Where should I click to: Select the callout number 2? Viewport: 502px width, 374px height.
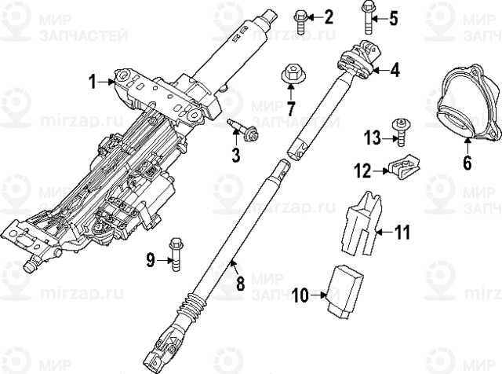329,16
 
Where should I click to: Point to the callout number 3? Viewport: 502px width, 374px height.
235,155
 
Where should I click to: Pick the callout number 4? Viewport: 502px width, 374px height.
394,70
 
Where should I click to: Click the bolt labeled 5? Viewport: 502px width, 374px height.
368,16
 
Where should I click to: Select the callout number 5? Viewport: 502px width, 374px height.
394,16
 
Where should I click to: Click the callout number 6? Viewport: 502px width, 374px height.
467,163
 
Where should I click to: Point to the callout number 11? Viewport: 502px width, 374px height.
401,233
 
